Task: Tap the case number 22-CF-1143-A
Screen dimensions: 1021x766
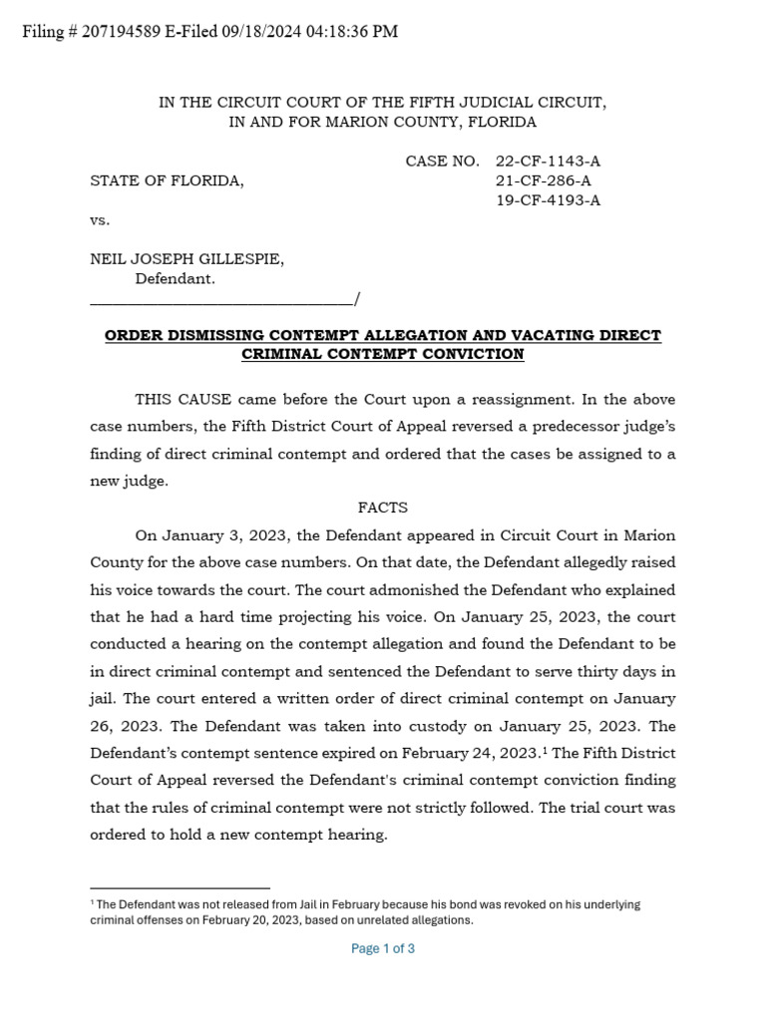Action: click(548, 161)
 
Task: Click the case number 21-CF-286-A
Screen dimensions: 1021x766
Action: click(543, 180)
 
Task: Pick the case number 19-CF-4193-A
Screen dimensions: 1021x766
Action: click(548, 200)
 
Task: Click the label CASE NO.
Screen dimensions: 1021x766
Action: click(442, 161)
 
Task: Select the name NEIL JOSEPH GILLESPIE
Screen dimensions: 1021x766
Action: click(188, 259)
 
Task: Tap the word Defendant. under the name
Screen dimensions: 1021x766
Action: click(175, 279)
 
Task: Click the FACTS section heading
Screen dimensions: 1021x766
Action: click(383, 508)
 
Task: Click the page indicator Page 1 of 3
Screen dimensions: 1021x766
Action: click(383, 948)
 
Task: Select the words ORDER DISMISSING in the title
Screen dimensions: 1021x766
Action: click(172, 335)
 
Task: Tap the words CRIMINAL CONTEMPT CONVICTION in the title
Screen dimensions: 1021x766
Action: click(383, 354)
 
